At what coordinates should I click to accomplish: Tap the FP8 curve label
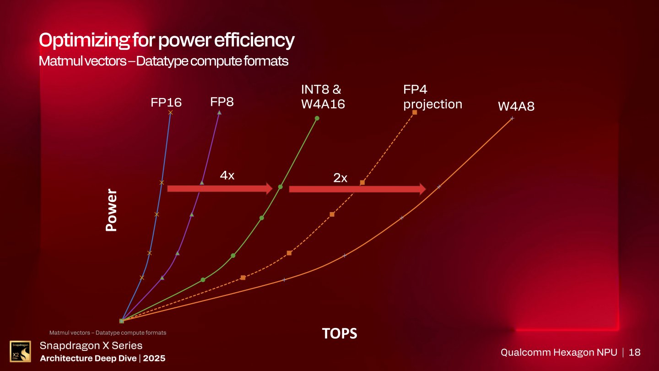click(222, 102)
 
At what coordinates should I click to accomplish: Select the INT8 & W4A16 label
click(323, 97)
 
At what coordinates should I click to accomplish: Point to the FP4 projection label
click(432, 97)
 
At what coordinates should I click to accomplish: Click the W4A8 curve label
click(516, 107)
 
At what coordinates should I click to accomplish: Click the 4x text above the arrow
click(227, 175)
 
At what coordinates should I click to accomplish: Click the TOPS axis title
click(340, 334)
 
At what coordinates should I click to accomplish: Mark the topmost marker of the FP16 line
click(171, 112)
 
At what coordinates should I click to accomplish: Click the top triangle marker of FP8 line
click(219, 112)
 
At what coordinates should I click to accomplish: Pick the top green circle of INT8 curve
click(317, 118)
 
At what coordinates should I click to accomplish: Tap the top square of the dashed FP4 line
click(415, 112)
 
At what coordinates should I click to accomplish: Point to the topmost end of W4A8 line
click(512, 118)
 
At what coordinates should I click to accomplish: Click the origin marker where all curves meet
click(122, 321)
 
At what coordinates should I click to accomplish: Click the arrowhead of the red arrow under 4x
click(267, 188)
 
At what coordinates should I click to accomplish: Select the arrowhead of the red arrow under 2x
click(421, 189)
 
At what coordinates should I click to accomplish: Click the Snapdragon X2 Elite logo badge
click(20, 351)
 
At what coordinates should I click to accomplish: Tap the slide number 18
click(635, 352)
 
